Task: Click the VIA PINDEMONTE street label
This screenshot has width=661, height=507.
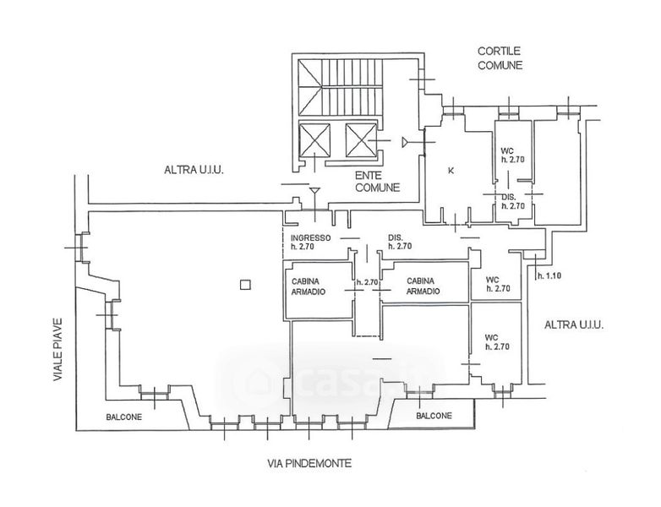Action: point(309,464)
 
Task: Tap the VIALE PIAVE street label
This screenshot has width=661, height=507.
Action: point(57,350)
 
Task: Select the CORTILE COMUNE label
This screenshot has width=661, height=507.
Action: point(500,58)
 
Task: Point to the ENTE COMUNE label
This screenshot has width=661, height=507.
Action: point(377,181)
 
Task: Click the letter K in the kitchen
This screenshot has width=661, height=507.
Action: point(451,171)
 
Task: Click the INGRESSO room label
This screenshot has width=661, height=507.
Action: point(311,237)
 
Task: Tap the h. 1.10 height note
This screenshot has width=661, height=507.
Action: point(549,276)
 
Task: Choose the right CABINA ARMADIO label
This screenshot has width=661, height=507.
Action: point(423,286)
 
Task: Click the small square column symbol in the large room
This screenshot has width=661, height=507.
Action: point(245,285)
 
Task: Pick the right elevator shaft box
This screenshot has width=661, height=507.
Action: point(361,139)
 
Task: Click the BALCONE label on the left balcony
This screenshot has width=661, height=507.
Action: point(124,417)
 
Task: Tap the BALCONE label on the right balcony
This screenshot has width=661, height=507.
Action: point(434,416)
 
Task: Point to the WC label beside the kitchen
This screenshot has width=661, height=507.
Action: point(507,151)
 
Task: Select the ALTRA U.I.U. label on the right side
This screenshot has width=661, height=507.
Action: point(574,325)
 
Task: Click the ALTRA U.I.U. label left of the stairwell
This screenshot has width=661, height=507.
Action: point(194,170)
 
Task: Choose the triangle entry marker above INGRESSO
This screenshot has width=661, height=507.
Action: point(314,192)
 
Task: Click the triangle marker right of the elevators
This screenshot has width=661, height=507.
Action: point(406,143)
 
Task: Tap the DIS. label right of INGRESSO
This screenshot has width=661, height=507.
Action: point(396,237)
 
